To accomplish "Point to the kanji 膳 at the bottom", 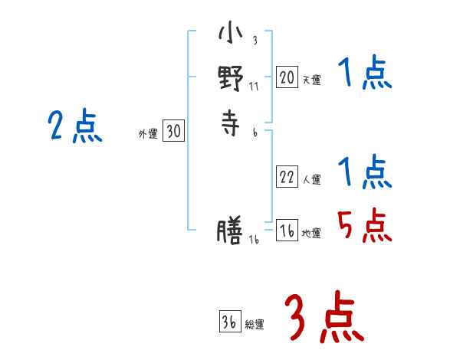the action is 230,232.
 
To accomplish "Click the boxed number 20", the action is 287,77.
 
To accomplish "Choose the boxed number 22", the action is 287,178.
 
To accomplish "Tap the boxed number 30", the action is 173,133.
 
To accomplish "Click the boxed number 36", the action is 228,323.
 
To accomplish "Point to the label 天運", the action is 311,80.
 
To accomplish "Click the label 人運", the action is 311,180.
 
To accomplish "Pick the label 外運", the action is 147,134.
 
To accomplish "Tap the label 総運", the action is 255,325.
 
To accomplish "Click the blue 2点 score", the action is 74,126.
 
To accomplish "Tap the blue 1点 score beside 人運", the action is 364,172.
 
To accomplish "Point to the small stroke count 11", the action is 255,86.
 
